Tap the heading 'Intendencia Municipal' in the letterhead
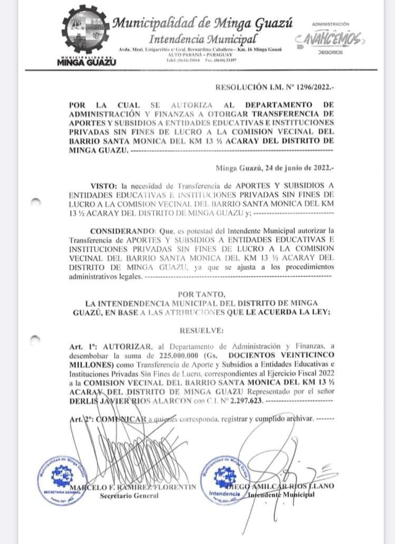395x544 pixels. (x=203, y=40)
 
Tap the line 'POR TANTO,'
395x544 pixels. (x=202, y=294)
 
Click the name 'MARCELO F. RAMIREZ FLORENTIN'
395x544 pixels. (x=135, y=486)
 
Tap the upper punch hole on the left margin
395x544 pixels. (x=36, y=201)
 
